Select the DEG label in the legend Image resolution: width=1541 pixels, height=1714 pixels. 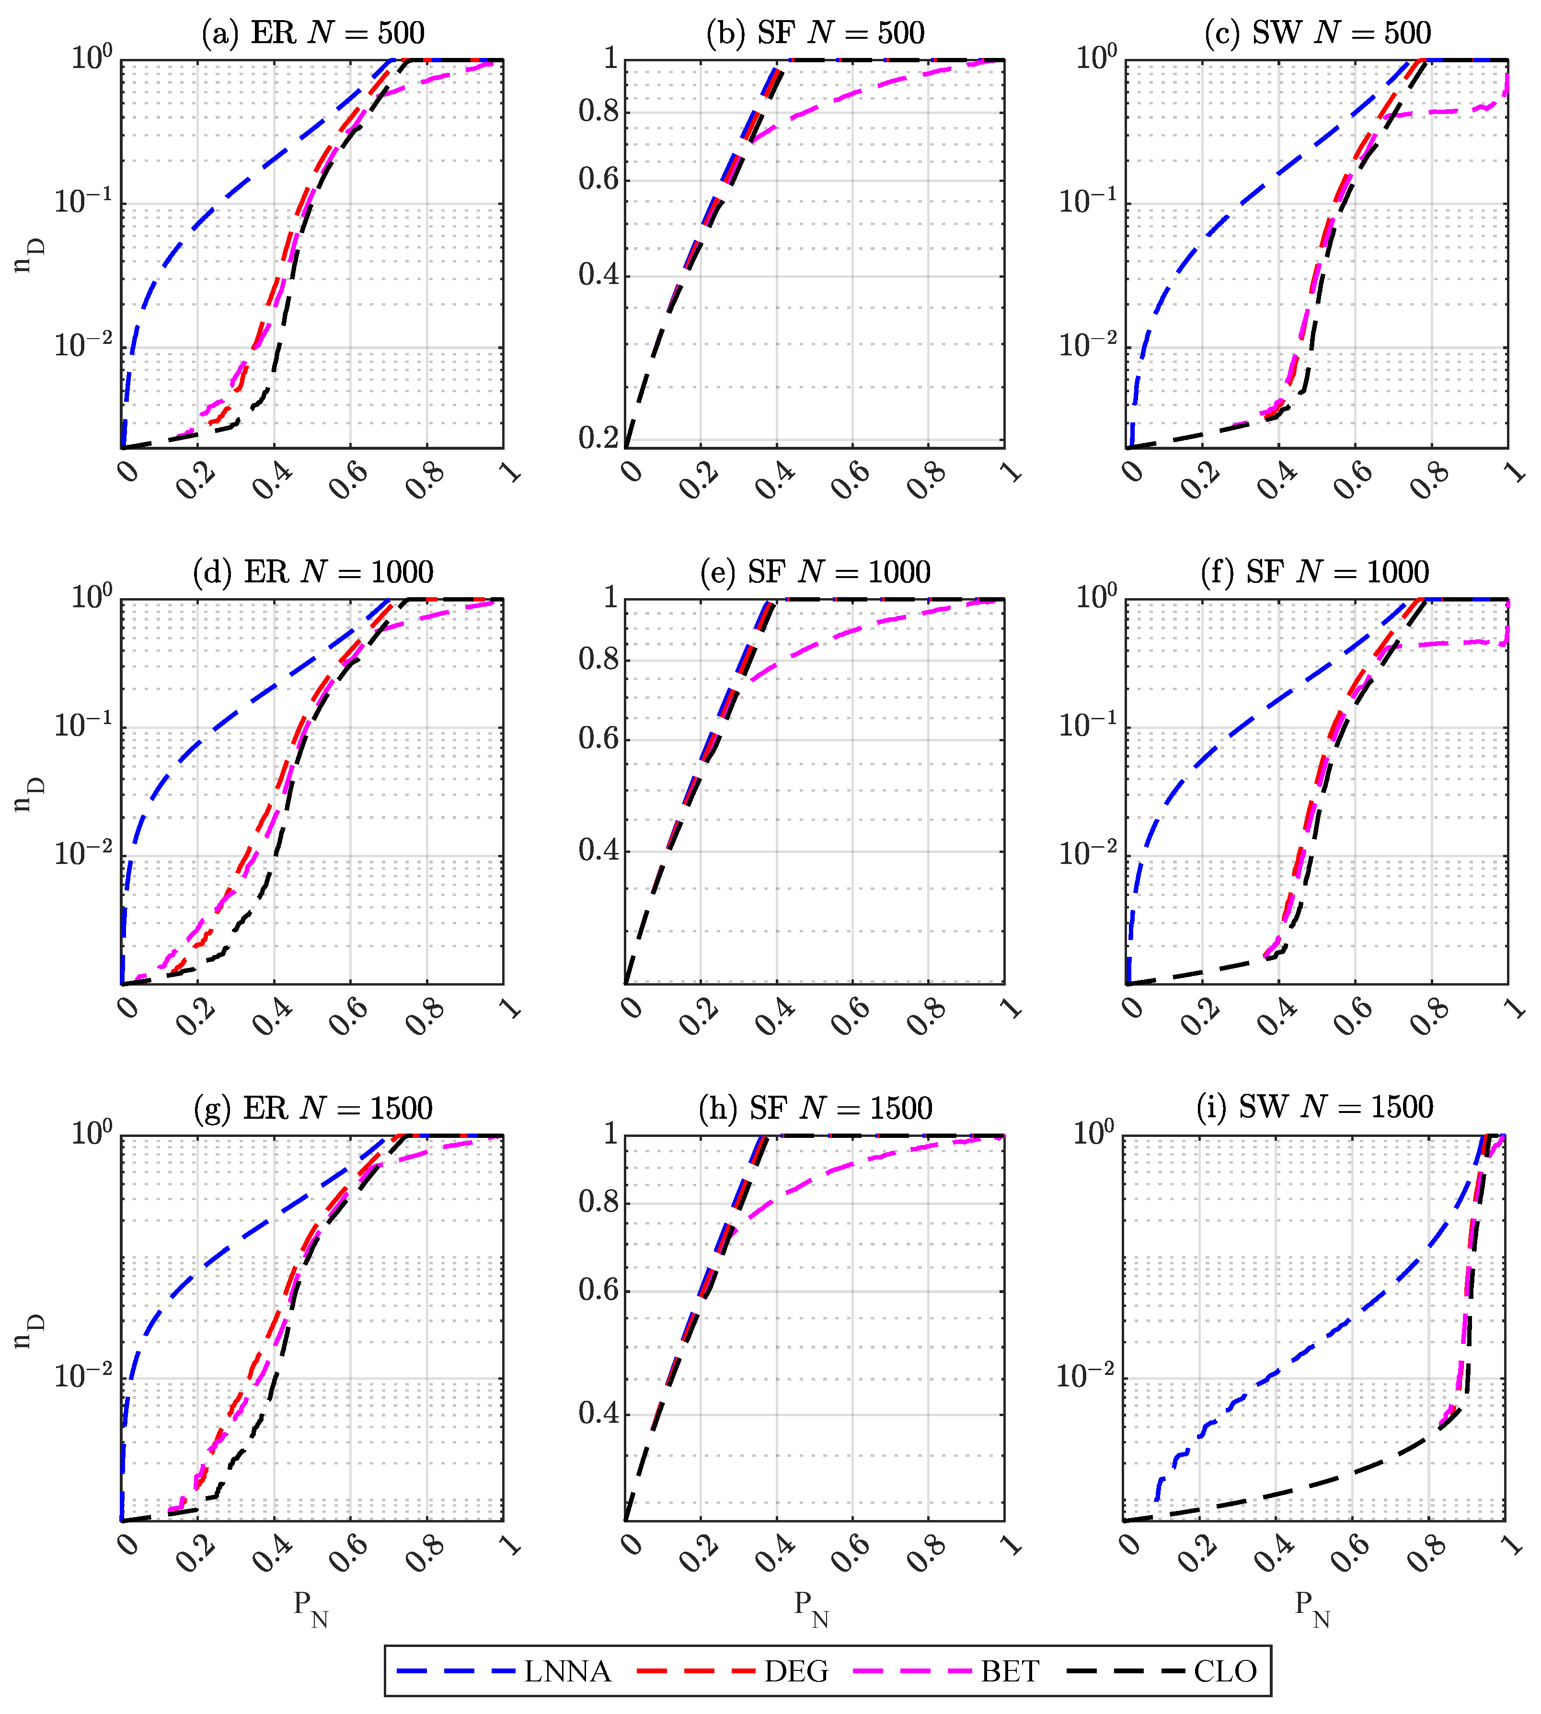coord(796,1672)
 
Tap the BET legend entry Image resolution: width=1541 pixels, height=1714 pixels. coord(1009,1672)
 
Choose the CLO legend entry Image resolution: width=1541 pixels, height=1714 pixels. coord(1225,1672)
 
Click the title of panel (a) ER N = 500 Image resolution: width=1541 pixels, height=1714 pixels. coord(312,33)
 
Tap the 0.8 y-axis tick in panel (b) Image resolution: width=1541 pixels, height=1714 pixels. coord(598,111)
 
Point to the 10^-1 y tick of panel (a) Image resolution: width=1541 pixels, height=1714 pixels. coord(82,202)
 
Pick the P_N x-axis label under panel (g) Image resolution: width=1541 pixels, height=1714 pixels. coord(311,1608)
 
